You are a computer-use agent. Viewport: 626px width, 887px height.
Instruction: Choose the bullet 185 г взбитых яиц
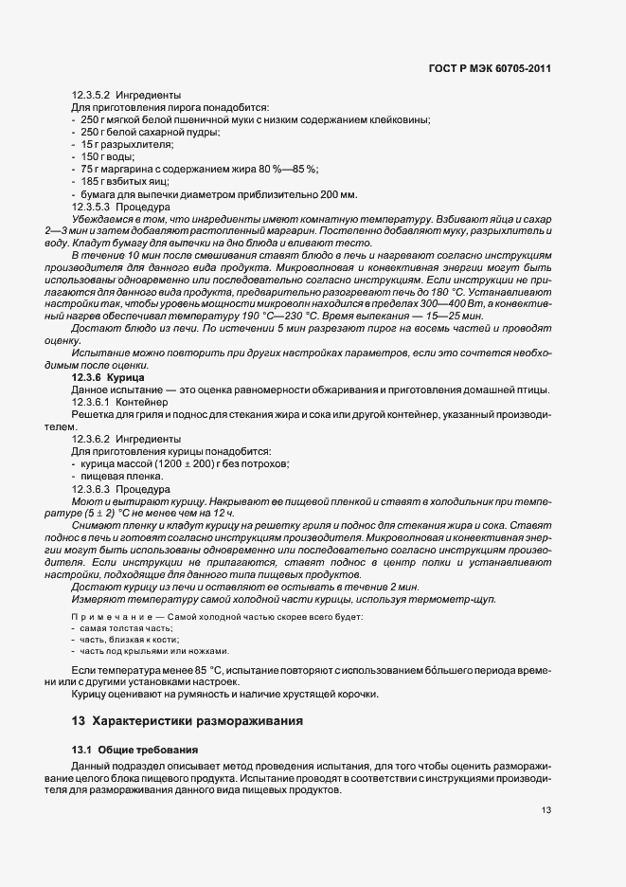click(124, 181)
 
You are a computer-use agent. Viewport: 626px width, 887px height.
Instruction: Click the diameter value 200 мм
click(339, 193)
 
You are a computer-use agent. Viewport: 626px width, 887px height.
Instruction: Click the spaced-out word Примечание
click(108, 617)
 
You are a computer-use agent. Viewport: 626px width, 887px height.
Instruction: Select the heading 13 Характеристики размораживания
click(187, 721)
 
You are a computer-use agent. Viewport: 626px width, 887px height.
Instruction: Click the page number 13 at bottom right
click(546, 810)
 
